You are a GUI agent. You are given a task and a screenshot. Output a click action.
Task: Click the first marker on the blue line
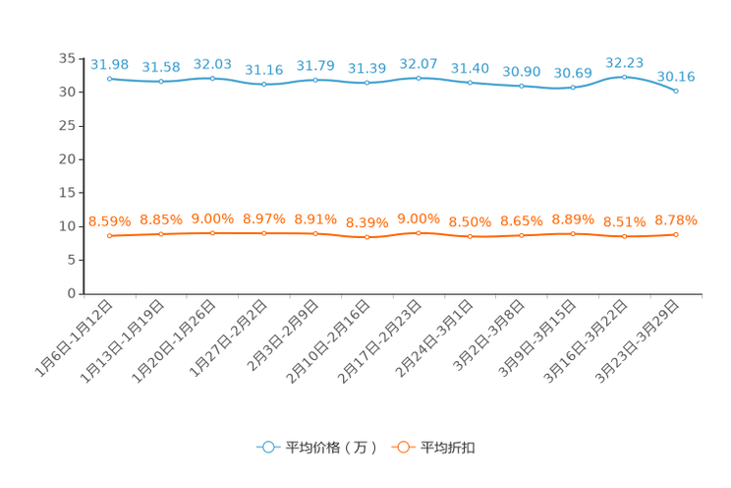point(109,78)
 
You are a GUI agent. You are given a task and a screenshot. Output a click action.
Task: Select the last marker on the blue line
point(677,91)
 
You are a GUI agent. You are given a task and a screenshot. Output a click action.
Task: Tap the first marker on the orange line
point(109,235)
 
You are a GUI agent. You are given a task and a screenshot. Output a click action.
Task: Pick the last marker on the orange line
point(677,233)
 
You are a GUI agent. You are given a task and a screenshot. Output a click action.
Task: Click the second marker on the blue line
point(160,81)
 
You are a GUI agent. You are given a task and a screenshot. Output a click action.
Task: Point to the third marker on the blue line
point(212,78)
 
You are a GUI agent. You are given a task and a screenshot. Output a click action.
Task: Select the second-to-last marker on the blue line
point(624,76)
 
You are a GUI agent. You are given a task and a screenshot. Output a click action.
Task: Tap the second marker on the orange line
point(160,233)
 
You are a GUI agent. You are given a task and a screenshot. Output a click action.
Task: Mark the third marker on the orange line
point(212,232)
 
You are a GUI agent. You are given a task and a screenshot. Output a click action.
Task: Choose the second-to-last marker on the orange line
point(624,236)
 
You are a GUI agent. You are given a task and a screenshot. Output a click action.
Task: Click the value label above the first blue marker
point(109,64)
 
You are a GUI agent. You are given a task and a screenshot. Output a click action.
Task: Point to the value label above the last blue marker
point(677,76)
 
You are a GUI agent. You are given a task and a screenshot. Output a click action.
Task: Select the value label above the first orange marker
point(109,220)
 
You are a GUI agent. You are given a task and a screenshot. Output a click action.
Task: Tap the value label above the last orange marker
point(677,219)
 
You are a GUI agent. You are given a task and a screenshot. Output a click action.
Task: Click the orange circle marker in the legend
point(402,448)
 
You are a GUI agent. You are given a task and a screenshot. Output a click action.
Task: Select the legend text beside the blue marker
point(331,448)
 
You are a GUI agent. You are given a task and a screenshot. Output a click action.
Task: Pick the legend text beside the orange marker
point(449,448)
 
